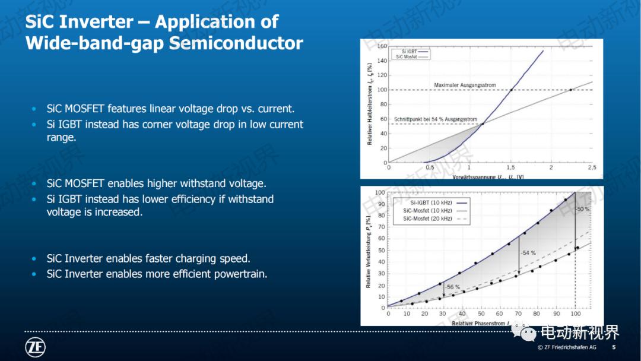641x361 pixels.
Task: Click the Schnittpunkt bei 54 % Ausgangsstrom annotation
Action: pyautogui.click(x=435, y=119)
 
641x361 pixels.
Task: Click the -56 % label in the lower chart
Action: pyautogui.click(x=453, y=287)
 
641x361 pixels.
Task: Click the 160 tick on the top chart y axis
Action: pyautogui.click(x=382, y=46)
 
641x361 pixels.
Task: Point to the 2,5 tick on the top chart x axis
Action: pyautogui.click(x=591, y=168)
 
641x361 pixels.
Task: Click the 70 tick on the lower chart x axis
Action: pyautogui.click(x=518, y=313)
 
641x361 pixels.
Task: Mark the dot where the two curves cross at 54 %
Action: pyautogui.click(x=482, y=123)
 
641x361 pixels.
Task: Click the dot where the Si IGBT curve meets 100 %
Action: pyautogui.click(x=511, y=90)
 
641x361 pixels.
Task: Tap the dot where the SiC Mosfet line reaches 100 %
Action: pyautogui.click(x=571, y=90)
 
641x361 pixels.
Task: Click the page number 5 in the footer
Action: pyautogui.click(x=614, y=347)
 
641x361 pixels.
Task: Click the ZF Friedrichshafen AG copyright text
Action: pyautogui.click(x=567, y=347)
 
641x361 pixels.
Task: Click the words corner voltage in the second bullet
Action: pyautogui.click(x=174, y=124)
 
